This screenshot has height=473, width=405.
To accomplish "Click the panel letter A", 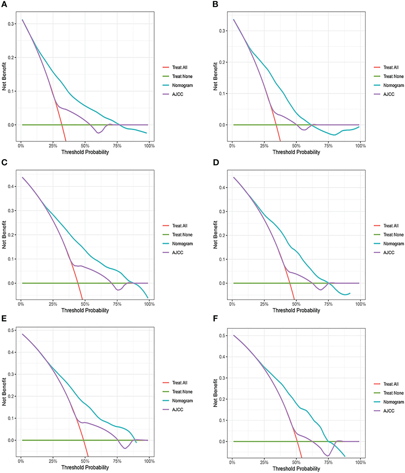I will pos(4,4).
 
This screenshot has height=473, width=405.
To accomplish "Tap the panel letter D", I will pos(216,162).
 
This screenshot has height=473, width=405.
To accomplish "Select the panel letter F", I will pos(215,319).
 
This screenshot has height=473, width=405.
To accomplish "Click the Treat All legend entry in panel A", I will pos(180,67).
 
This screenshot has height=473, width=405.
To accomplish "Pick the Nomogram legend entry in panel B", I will pos(393,86).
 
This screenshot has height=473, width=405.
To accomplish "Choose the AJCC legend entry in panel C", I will pos(177,252).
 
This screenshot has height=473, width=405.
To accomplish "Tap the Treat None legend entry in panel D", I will pos(393,235).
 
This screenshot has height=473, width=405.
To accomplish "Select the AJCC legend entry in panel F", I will pos(389,411).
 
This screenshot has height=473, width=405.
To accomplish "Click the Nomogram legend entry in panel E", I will pos(182,401).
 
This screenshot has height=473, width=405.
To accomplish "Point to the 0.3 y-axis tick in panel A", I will pos(11,24).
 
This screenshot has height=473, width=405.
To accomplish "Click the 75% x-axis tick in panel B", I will pos(328,146).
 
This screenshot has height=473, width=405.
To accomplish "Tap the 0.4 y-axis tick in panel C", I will pos(11,186).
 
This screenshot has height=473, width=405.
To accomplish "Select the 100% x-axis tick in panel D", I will pos(360,304).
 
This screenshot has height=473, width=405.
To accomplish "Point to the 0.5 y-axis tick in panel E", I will pos(11,330).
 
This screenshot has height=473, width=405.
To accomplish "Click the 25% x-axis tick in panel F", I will pos(264,462).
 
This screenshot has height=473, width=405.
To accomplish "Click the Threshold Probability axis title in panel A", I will pos(85,152).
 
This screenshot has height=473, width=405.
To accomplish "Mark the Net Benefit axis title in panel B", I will pos(215,77).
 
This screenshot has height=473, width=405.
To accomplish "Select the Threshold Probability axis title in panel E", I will pos(85,467).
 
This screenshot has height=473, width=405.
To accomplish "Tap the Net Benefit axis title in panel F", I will pos(215,393).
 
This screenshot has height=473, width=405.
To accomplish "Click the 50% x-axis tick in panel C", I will pos(85,304).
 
